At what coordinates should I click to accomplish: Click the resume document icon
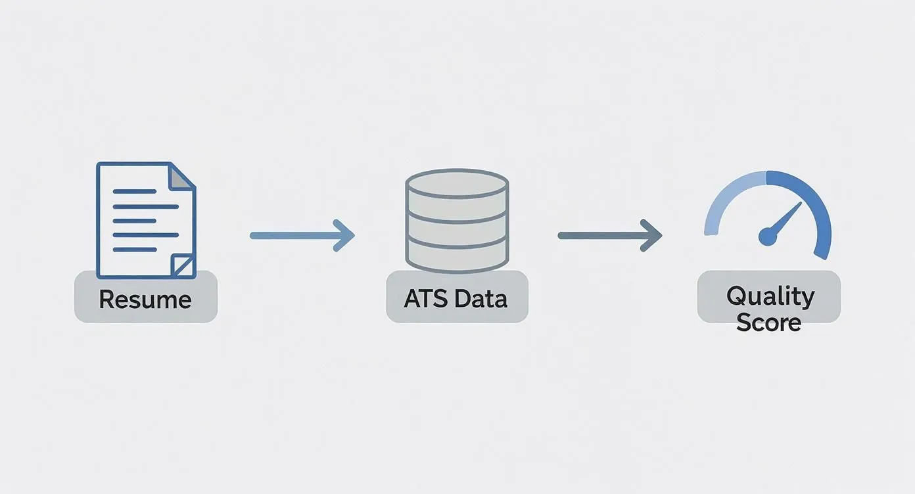click(146, 220)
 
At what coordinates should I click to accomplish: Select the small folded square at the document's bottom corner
click(183, 265)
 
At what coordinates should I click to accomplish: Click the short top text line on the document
click(135, 191)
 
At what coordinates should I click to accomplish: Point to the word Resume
click(145, 300)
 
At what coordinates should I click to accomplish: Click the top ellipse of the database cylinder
click(457, 184)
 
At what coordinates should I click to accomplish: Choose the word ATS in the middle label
click(425, 298)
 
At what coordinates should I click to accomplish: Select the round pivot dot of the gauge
click(768, 236)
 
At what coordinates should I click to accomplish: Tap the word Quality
click(770, 296)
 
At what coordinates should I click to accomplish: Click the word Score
click(768, 322)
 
